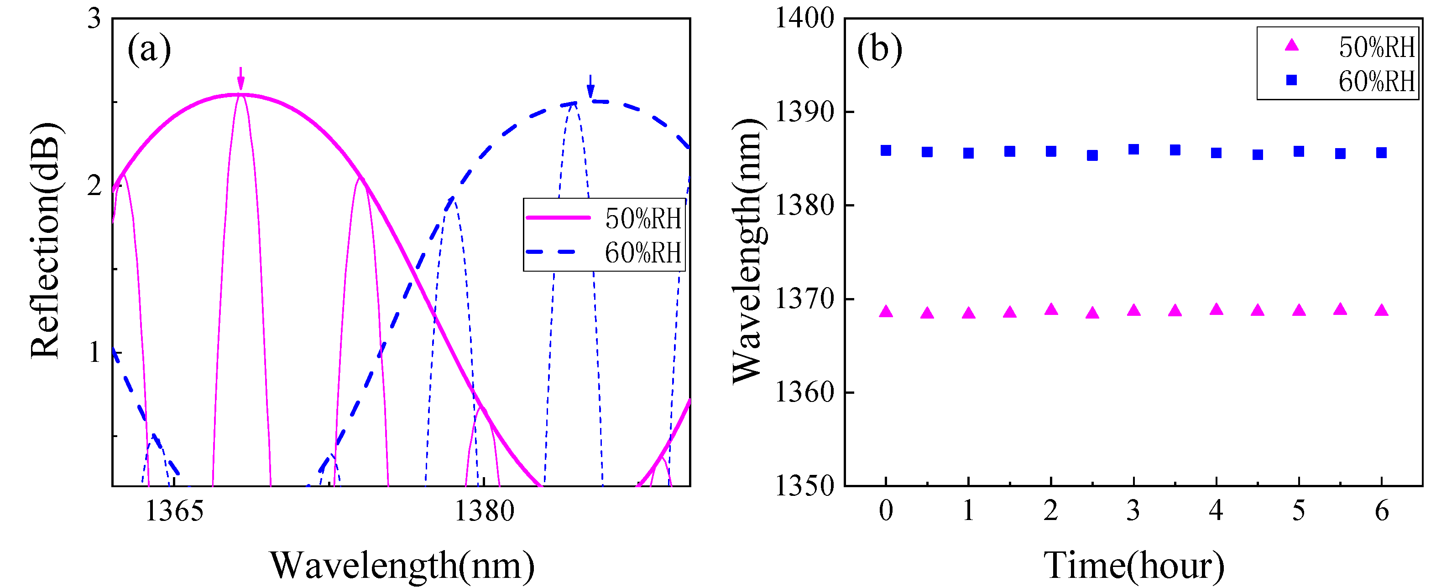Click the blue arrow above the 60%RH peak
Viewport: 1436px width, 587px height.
[x=590, y=86]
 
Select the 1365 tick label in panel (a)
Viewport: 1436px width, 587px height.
[x=174, y=511]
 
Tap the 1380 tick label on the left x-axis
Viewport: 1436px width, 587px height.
[x=484, y=511]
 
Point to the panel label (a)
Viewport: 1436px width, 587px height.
[x=149, y=50]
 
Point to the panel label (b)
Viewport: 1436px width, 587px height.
[x=879, y=50]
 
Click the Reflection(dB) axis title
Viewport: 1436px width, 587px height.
[x=46, y=241]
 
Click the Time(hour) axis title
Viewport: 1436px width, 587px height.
[x=1133, y=565]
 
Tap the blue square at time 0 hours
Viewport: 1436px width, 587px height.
[x=886, y=150]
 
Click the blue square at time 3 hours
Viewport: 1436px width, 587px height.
[x=1133, y=149]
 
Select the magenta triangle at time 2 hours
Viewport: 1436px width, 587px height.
[x=1051, y=309]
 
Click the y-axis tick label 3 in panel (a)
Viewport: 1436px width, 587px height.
[x=94, y=20]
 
